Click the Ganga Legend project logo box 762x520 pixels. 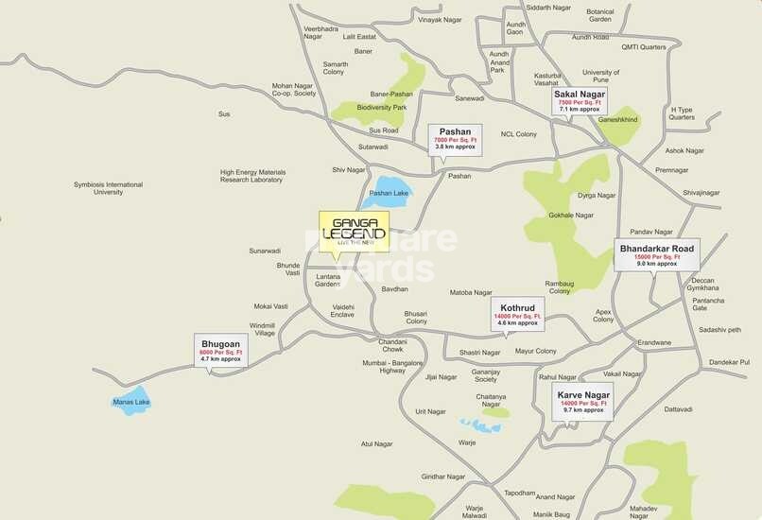tap(354, 231)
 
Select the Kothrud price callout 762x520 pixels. tap(516, 312)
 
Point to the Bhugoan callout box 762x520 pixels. tap(220, 349)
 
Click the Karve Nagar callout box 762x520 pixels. tap(583, 400)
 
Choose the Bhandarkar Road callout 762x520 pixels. tap(656, 255)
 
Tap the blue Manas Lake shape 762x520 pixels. tap(131, 398)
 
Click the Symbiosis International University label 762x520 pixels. tap(109, 188)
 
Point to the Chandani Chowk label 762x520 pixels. tap(392, 345)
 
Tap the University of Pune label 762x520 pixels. tap(600, 77)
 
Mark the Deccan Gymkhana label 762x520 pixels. tap(703, 285)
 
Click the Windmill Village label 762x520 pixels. tap(263, 329)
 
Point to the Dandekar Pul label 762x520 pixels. tap(729, 362)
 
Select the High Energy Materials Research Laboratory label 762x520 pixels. tap(252, 177)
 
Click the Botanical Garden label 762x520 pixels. tap(600, 15)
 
